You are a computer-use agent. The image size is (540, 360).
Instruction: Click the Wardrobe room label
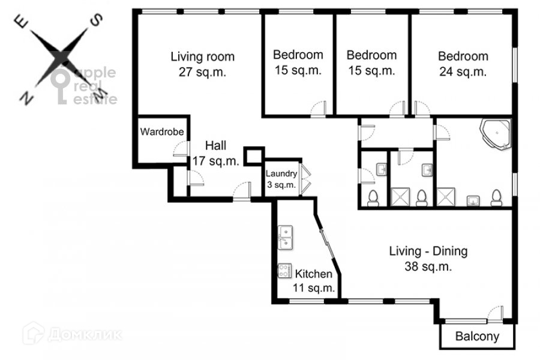click(162, 131)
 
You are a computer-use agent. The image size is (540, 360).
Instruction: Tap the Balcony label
click(477, 336)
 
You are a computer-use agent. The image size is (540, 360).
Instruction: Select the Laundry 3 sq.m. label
click(281, 179)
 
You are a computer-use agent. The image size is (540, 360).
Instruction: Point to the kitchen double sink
click(285, 238)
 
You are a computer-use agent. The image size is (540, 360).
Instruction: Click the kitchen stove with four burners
click(284, 271)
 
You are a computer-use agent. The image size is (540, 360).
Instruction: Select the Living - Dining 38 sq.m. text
click(428, 259)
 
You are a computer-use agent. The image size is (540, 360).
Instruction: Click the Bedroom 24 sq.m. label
click(463, 64)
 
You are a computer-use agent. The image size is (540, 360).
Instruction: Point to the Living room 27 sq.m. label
click(203, 64)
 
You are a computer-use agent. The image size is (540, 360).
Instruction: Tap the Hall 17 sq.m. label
click(215, 153)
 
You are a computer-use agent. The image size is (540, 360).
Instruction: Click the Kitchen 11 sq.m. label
click(313, 280)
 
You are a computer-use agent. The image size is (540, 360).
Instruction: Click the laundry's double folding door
click(305, 179)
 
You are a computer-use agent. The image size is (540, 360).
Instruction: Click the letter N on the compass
click(26, 99)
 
